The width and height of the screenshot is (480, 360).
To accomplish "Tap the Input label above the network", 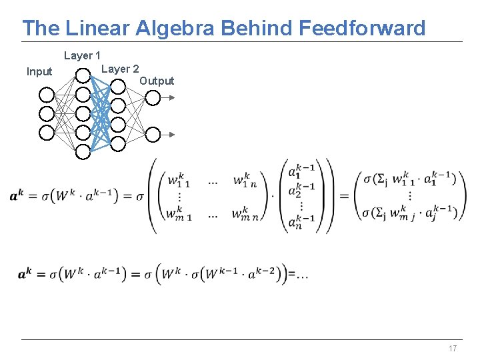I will (x=39, y=71).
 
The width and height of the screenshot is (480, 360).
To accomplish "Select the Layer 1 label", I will (x=82, y=56).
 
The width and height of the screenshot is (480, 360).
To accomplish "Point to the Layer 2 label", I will (x=120, y=69).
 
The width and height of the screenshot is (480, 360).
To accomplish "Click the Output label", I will (x=157, y=81).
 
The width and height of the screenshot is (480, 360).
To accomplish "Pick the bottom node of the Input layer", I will (x=47, y=133).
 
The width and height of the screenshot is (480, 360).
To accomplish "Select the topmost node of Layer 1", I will (x=83, y=76).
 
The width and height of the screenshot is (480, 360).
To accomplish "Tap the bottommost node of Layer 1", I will (x=83, y=152).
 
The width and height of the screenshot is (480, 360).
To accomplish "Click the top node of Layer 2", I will (x=117, y=86).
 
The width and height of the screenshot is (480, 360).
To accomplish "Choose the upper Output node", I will (x=153, y=98).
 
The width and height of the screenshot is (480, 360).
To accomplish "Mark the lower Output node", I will (x=153, y=134).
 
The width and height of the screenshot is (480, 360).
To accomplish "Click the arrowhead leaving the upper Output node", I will (x=172, y=98).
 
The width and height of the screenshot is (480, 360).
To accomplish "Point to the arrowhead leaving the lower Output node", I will (x=172, y=134).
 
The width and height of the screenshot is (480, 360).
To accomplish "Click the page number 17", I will (x=453, y=349).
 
